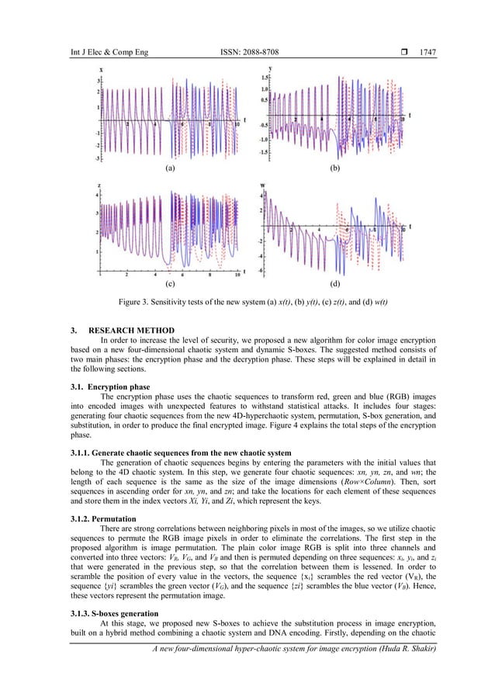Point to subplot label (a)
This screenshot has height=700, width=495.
tap(169, 168)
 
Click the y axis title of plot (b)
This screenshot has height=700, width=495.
tap(265, 70)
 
